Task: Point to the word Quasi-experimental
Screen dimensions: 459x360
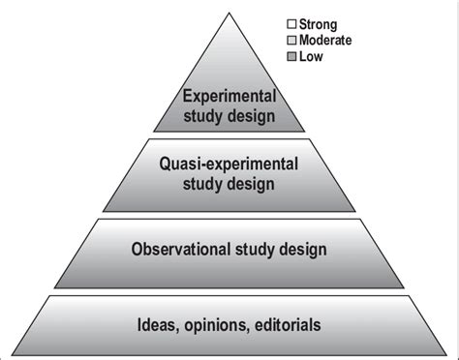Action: pos(229,162)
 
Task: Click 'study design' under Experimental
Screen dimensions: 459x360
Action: pos(229,117)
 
